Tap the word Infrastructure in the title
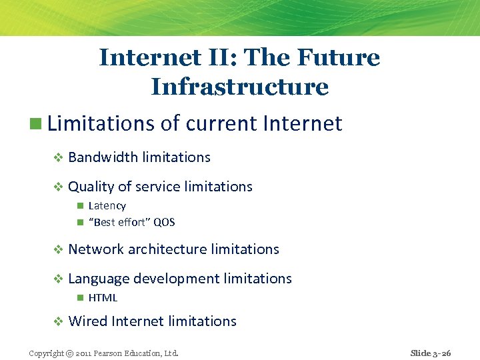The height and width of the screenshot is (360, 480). (240, 87)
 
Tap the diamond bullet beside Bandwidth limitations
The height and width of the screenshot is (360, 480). (58, 158)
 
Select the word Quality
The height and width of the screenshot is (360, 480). (91, 187)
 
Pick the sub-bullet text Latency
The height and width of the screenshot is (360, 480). (107, 206)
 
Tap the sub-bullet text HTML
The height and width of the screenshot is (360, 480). (103, 298)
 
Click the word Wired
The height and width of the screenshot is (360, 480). (88, 321)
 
